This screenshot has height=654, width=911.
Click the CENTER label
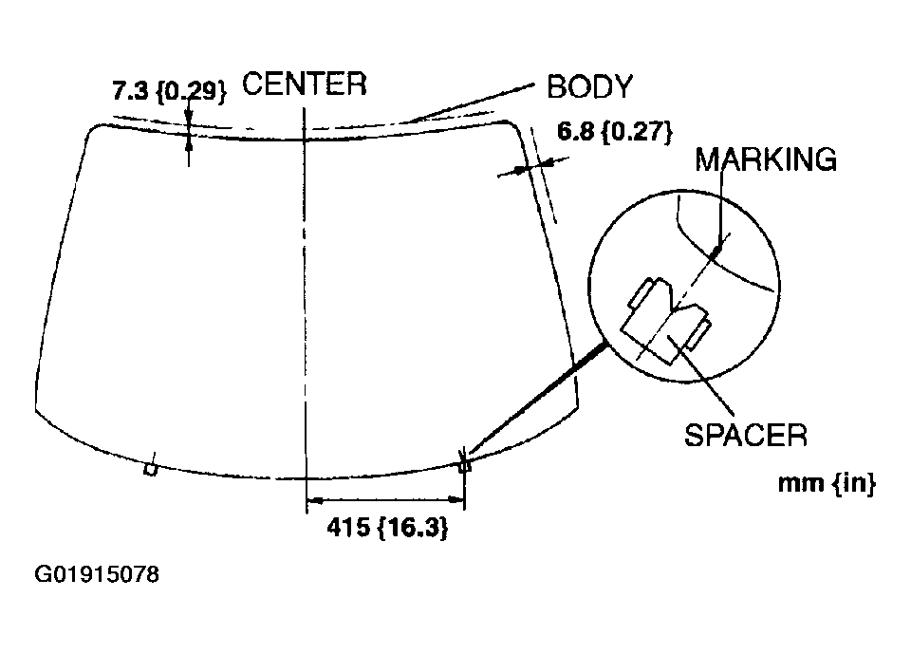pos(305,84)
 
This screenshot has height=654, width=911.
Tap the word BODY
pos(589,86)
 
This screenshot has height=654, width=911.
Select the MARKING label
pos(766,159)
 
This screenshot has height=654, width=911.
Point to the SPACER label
pos(746,435)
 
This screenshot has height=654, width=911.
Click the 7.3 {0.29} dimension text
pos(169,91)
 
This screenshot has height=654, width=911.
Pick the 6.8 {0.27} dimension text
pos(615,131)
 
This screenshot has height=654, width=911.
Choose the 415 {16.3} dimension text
pos(387,528)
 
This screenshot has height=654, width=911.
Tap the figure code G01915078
pos(97,574)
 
